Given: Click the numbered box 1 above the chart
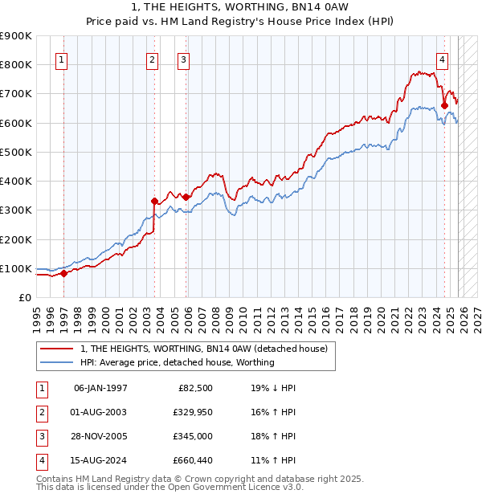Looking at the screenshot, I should pyautogui.click(x=62, y=59).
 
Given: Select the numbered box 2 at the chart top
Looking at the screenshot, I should pyautogui.click(x=153, y=59).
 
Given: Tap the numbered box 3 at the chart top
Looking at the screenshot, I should pyautogui.click(x=183, y=59).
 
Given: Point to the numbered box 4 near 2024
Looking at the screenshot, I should pyautogui.click(x=443, y=59).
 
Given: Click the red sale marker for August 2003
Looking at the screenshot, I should pyautogui.click(x=155, y=201).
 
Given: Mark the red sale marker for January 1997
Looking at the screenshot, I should pyautogui.click(x=64, y=273).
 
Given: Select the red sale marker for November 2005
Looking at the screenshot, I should pyautogui.click(x=186, y=197).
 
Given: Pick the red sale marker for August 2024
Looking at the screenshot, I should pyautogui.click(x=444, y=104).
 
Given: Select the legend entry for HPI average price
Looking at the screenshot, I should pyautogui.click(x=178, y=362).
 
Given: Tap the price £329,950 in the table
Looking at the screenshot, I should pyautogui.click(x=190, y=412).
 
